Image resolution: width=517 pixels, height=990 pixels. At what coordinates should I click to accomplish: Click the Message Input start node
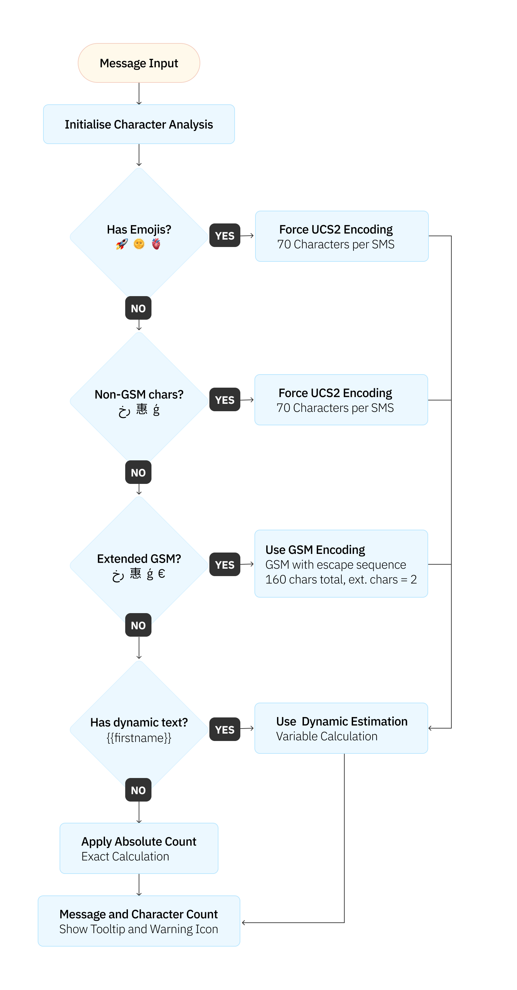coord(139,63)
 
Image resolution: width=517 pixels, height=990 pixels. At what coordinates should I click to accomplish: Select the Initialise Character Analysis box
coord(139,124)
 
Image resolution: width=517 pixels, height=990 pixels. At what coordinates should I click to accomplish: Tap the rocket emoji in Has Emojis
coord(122,244)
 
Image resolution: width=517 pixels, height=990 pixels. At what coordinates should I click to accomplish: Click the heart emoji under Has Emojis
coord(156,244)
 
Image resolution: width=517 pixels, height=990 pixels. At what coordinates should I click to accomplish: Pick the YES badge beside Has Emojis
coord(225,235)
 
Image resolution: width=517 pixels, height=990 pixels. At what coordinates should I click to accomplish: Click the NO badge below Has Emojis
coord(138,308)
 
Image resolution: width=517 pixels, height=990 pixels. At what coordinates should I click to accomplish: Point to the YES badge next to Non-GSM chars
coord(225,400)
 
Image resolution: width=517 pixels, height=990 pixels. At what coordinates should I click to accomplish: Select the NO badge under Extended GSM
coord(138,625)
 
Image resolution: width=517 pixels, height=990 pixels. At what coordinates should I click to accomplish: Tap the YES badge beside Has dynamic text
coord(225,729)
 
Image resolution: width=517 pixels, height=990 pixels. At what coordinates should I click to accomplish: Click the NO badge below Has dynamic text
coord(138,790)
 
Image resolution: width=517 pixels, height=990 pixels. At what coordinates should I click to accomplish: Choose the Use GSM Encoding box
coord(341,564)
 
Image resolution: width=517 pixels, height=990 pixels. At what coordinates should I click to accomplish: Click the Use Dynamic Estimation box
coord(341,728)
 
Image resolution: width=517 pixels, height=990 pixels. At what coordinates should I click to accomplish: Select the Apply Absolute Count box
coord(139,848)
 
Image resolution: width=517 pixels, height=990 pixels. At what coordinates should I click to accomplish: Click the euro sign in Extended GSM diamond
coord(162,574)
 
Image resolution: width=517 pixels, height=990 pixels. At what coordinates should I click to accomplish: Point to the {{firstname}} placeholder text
coord(139,738)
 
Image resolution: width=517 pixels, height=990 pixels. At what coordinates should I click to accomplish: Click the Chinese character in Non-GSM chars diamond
coord(142,409)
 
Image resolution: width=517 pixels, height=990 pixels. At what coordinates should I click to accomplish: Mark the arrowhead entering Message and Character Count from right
coord(244,923)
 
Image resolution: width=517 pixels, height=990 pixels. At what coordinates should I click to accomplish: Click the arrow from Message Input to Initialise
coord(139,94)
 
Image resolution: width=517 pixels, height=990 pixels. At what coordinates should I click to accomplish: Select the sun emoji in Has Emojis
coord(139,244)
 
